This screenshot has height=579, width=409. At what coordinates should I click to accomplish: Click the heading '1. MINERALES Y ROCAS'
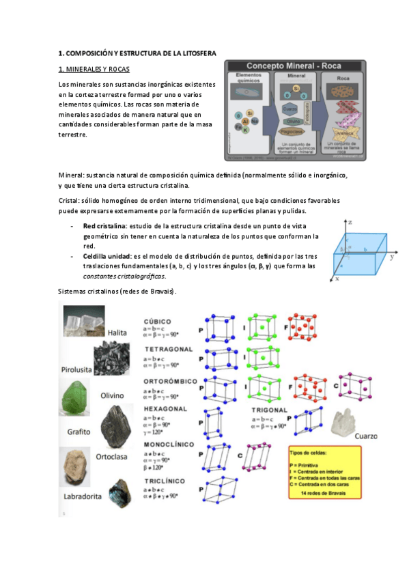(x=94, y=70)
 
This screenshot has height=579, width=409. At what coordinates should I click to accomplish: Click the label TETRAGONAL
(x=169, y=349)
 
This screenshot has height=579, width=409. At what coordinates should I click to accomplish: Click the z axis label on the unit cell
(x=349, y=223)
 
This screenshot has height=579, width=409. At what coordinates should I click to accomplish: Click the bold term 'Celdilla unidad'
(x=107, y=255)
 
